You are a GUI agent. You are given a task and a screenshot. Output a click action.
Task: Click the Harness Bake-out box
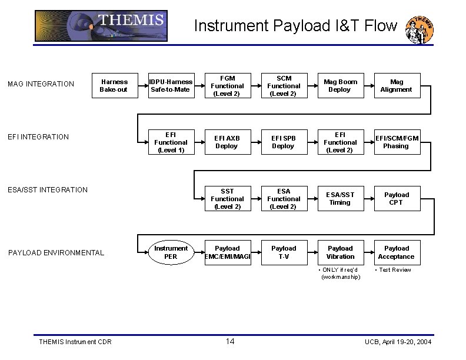click(x=114, y=86)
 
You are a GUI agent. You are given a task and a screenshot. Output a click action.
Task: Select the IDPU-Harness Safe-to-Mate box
click(x=171, y=86)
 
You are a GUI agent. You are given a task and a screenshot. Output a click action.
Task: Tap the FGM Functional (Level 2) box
click(x=227, y=86)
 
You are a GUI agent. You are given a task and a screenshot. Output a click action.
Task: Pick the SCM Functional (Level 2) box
click(x=284, y=86)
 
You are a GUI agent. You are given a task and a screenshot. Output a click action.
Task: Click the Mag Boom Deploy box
click(x=340, y=86)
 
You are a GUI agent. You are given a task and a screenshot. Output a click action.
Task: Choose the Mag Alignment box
click(x=397, y=86)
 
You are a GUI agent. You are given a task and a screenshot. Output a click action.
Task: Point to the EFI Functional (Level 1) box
click(x=171, y=142)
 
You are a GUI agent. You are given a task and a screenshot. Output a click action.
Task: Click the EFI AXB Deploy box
click(x=227, y=142)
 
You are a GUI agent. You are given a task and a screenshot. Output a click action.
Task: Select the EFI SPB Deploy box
click(x=284, y=142)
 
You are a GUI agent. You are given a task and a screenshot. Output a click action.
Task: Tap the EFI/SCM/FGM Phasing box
click(x=397, y=142)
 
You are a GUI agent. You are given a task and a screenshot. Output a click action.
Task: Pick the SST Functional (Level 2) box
click(x=227, y=199)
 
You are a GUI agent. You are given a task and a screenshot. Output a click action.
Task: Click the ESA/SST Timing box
click(x=340, y=199)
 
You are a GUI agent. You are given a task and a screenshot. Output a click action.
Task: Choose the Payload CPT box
click(x=397, y=199)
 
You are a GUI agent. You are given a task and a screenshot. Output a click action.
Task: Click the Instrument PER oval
click(x=171, y=252)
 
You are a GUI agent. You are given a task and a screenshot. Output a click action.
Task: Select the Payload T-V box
click(x=284, y=252)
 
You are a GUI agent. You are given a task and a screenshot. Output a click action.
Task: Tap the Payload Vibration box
click(x=340, y=252)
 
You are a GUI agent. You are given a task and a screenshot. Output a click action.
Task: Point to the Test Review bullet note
click(x=394, y=270)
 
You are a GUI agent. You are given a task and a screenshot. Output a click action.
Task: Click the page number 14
click(x=230, y=342)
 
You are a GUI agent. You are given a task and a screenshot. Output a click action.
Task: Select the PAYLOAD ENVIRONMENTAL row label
click(x=56, y=253)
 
